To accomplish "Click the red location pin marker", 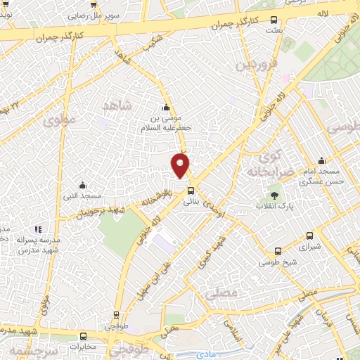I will click(x=181, y=165).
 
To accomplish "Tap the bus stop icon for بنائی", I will click(x=191, y=190).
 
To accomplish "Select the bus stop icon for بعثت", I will click(x=274, y=20).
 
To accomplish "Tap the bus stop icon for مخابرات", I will click(x=84, y=336).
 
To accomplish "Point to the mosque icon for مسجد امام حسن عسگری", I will click(x=321, y=160).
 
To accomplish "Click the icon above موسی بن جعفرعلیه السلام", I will click(x=165, y=108).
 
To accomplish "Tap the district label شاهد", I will click(x=117, y=105).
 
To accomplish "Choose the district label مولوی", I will click(x=58, y=121).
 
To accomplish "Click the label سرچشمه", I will click(x=30, y=350).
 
